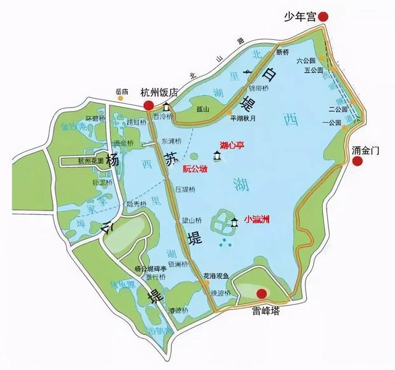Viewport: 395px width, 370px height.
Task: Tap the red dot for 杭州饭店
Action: pyautogui.click(x=149, y=106)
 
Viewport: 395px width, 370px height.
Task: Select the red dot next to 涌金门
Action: pyautogui.click(x=356, y=161)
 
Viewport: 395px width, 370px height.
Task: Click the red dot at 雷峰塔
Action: pyautogui.click(x=262, y=294)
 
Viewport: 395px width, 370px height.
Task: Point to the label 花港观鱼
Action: pyautogui.click(x=217, y=276)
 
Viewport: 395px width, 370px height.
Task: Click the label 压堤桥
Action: pyautogui.click(x=186, y=189)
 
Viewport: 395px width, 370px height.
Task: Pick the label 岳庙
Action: pyautogui.click(x=122, y=92)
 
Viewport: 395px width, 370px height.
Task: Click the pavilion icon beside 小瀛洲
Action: pyautogui.click(x=235, y=223)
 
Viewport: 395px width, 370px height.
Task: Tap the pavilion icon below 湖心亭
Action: pyautogui.click(x=217, y=156)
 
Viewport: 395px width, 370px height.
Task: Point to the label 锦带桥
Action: pyautogui.click(x=258, y=88)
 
